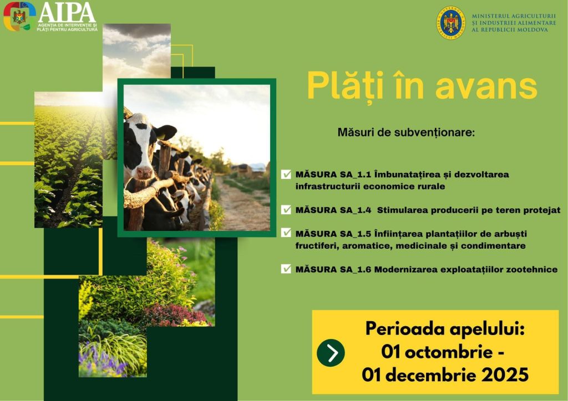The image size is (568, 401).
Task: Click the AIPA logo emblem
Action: coord(19,16)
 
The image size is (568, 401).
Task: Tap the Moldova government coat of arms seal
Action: coord(450,22)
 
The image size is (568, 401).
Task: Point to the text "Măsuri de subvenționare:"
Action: coord(406,132)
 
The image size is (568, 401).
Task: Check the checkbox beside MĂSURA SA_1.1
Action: coord(286,174)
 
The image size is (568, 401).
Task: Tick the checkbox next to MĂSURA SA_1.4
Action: coord(286,210)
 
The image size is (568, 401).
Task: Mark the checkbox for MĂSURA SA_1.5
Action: coord(286,233)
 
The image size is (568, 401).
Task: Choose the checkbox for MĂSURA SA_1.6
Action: coord(286,269)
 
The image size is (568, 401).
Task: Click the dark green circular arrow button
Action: coord(331,353)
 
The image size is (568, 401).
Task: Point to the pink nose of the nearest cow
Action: coord(145,172)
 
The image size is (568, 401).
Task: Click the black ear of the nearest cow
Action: coord(164,132)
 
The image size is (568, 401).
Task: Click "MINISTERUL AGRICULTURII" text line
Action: coord(514,16)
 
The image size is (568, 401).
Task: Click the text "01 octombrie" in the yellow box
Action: coord(437,352)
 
